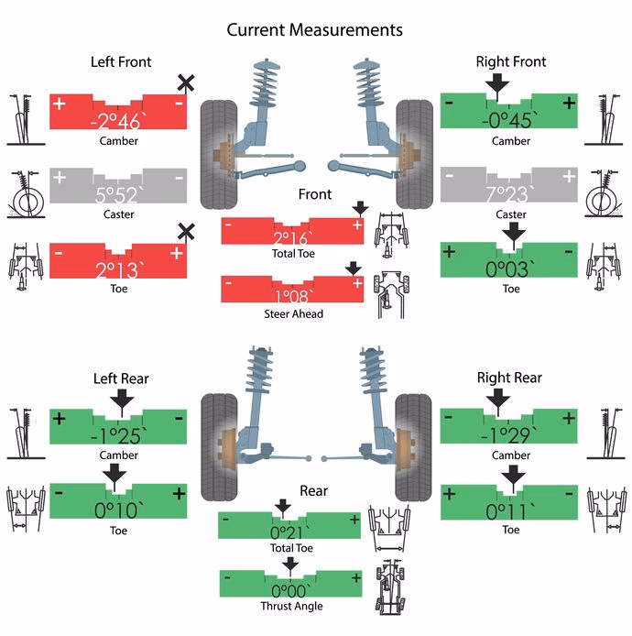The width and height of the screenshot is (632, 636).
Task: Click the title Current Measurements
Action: click(314, 30)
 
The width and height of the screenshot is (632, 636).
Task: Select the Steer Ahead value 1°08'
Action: click(293, 297)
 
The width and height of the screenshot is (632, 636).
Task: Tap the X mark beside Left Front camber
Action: click(185, 84)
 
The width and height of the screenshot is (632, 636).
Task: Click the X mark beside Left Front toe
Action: click(185, 232)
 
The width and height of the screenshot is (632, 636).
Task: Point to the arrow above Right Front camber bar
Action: click(496, 86)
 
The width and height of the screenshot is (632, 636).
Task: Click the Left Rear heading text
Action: click(121, 378)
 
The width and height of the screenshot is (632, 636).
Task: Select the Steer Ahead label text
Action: click(293, 314)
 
